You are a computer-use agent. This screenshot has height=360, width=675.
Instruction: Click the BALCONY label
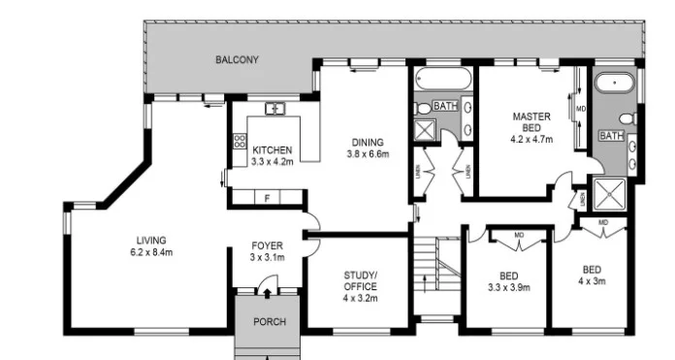(x=238, y=60)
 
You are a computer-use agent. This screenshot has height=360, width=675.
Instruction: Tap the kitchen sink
(x=274, y=109)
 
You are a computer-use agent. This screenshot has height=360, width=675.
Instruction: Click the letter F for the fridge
(x=267, y=198)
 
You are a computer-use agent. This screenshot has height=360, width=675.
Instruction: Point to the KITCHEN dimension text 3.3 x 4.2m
(x=273, y=162)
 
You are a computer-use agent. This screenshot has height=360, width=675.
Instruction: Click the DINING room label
(x=368, y=142)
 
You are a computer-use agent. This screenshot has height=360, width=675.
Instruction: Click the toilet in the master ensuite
(x=627, y=119)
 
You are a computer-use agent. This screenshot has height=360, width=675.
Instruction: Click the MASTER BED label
(x=531, y=122)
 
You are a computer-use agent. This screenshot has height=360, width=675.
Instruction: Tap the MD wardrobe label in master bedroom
(x=581, y=108)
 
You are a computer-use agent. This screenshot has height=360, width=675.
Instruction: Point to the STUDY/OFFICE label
(x=360, y=281)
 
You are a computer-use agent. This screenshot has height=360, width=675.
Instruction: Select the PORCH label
(x=269, y=321)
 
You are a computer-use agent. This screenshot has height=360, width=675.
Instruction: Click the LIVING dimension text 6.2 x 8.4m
(x=151, y=252)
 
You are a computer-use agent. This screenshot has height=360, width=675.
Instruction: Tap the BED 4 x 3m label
(x=592, y=275)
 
